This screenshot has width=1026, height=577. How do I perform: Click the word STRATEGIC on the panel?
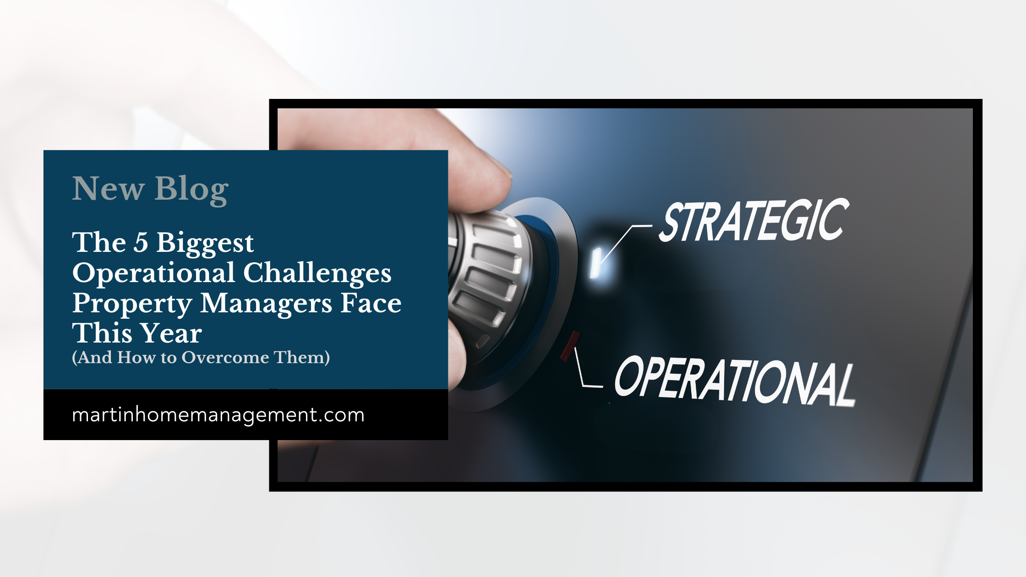point(753,221)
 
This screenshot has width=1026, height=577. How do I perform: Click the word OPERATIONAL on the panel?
point(734,381)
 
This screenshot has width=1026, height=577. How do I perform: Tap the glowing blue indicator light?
point(596,263)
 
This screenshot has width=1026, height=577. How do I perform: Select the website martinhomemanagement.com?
point(218,415)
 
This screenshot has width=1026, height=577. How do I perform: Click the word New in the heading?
point(109,189)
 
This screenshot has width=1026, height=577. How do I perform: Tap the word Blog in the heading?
point(191,189)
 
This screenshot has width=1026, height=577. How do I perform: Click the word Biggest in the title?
point(205,243)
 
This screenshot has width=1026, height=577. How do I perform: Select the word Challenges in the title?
point(317,273)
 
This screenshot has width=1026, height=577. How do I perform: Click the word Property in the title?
point(132,304)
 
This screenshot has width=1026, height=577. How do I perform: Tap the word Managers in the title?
point(266,304)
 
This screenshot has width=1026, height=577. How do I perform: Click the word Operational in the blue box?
point(154,273)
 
